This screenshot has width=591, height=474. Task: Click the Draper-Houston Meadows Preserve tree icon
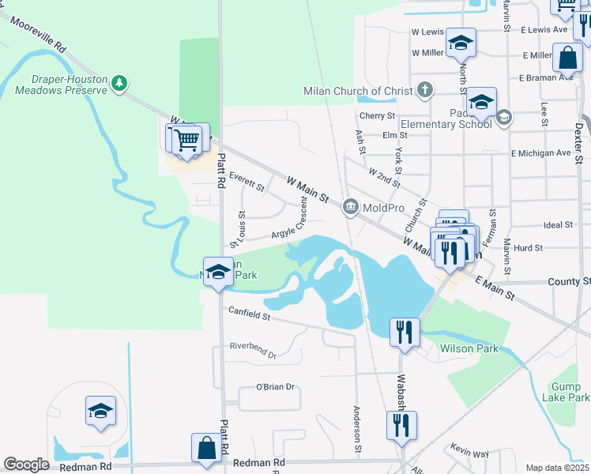click(x=119, y=82)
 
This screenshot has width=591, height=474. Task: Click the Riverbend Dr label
click(x=253, y=350)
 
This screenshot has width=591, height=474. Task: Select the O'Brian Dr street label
click(x=275, y=386)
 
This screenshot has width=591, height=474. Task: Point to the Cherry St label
click(x=376, y=115)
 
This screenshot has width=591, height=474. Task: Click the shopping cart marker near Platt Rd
click(x=188, y=141)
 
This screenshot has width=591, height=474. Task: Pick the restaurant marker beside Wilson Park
click(x=405, y=332)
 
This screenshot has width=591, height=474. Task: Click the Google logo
click(x=26, y=465)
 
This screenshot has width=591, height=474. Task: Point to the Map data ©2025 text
click(x=557, y=468)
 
